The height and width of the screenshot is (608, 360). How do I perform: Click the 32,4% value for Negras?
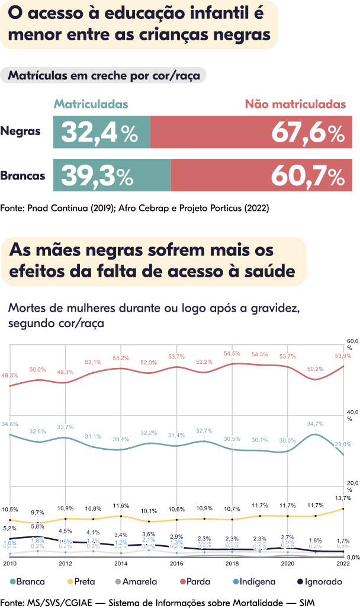click(x=99, y=133)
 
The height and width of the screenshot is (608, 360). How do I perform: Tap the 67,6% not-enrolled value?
click(x=308, y=133)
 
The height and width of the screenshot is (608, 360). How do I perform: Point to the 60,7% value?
click(x=308, y=176)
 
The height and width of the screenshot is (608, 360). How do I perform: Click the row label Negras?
click(x=21, y=131)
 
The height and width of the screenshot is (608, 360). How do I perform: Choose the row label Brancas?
click(x=22, y=176)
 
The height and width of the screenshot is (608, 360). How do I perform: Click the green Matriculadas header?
click(x=91, y=104)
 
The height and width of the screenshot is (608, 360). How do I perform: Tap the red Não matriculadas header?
click(x=295, y=104)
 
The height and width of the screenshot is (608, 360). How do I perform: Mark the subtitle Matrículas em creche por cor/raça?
click(x=104, y=76)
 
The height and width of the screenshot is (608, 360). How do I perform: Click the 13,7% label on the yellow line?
click(x=343, y=498)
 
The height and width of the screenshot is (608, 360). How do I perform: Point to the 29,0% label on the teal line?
click(x=343, y=443)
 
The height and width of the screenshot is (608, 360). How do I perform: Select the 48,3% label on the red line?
click(x=9, y=375)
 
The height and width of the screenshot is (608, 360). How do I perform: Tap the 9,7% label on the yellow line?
click(x=37, y=512)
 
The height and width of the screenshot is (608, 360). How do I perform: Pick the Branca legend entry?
click(x=28, y=582)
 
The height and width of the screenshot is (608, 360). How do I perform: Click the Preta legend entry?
click(x=80, y=582)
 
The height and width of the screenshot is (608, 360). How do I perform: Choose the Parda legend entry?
click(x=194, y=582)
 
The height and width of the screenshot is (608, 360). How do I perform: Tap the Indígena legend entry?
click(x=253, y=582)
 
